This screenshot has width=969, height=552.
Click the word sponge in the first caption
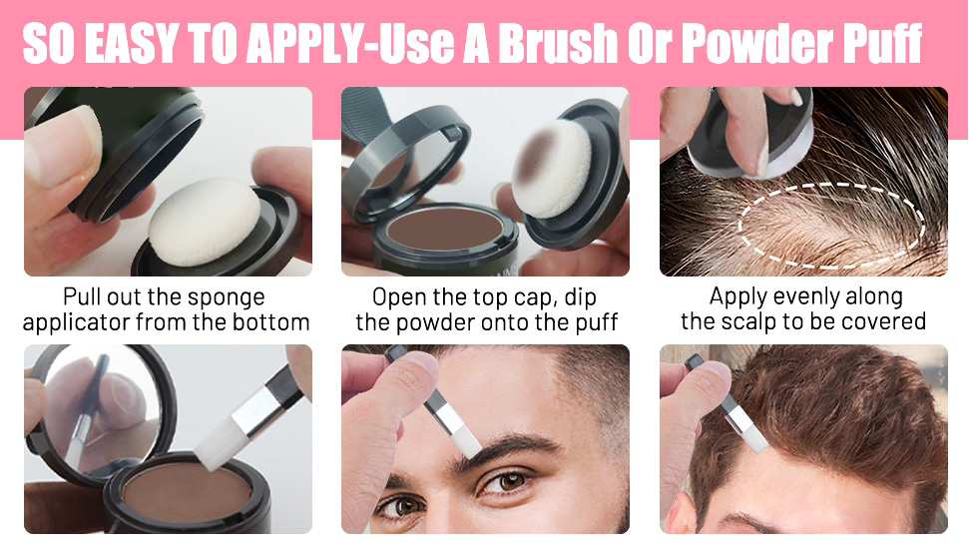(227, 297)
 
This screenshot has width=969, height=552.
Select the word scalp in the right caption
(752, 322)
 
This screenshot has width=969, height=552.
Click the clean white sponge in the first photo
(204, 222)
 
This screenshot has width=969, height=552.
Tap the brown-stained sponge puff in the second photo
(553, 168)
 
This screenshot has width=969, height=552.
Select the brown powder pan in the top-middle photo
(446, 229)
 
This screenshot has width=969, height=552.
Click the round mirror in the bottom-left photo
(102, 410)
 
